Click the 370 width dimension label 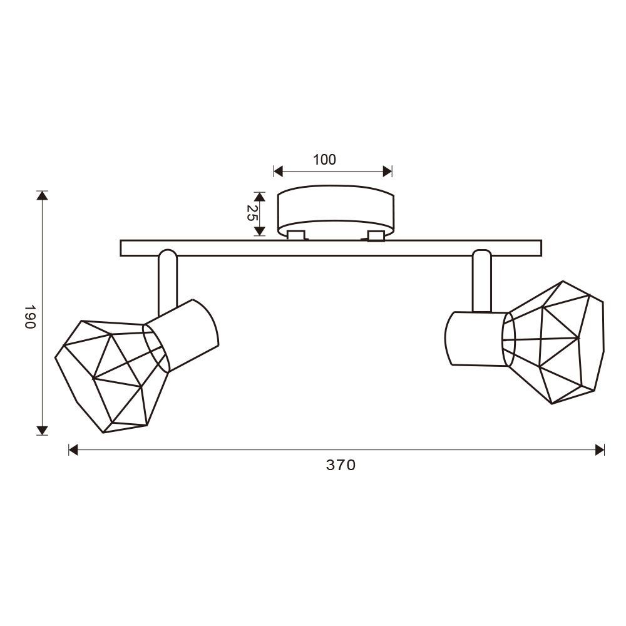pos(341,465)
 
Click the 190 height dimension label pos(30,317)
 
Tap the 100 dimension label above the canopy pos(324,160)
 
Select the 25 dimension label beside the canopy pos(251,213)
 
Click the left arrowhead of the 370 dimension pos(73,450)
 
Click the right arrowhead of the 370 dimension pos(599,450)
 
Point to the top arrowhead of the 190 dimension pos(42,195)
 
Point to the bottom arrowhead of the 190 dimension pos(42,431)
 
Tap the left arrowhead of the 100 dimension pos(279,172)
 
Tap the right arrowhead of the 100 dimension pos(387,172)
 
